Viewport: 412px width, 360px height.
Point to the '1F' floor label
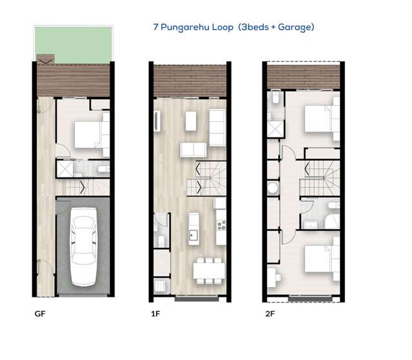(x=155, y=316)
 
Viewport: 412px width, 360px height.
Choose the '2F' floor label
(x=269, y=316)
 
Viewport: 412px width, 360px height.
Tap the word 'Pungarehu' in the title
(x=192, y=28)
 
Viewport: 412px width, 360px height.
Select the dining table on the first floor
(x=209, y=266)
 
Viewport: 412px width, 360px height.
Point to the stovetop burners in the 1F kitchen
(x=221, y=225)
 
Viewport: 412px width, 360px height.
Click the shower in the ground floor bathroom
(x=65, y=170)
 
